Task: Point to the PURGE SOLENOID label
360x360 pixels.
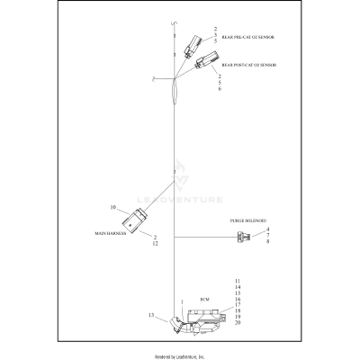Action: click(248, 220)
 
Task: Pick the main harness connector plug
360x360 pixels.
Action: click(139, 218)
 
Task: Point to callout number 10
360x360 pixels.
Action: click(114, 208)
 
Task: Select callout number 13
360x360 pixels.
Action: click(151, 315)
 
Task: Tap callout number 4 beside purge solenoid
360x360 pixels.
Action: click(267, 229)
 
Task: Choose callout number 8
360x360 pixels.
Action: click(267, 242)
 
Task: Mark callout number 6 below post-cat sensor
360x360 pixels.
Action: click(219, 89)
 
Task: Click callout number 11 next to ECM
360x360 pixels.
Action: click(238, 283)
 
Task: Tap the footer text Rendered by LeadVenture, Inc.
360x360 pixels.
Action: click(180, 355)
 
